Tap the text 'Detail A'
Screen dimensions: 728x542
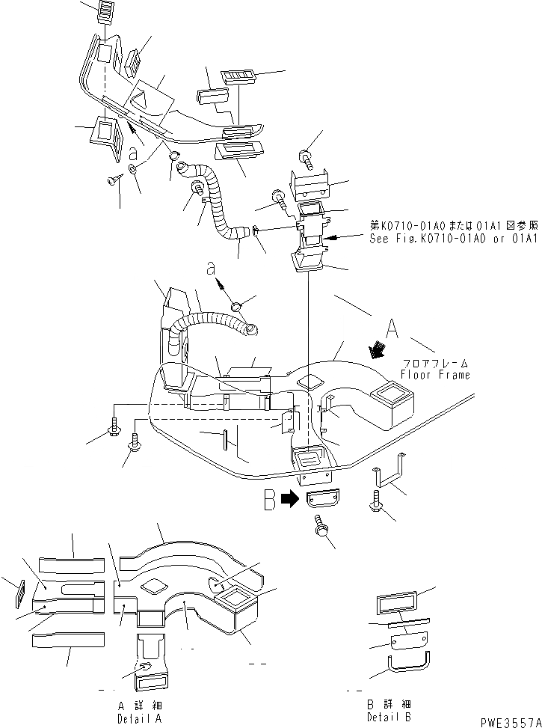(x=139, y=717)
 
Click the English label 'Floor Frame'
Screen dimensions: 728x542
(x=435, y=374)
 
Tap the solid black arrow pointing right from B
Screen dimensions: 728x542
(x=291, y=501)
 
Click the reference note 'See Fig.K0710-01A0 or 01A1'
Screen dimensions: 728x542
(x=453, y=239)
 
